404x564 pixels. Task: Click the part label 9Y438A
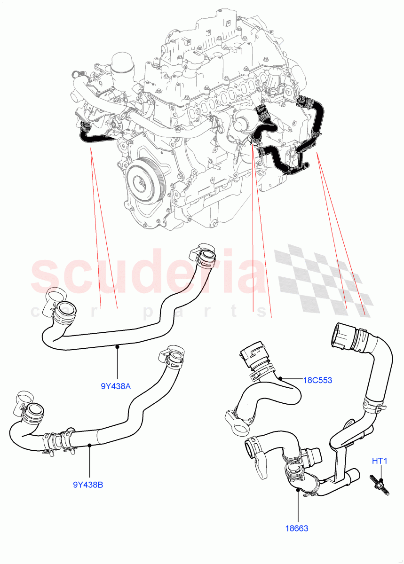[116, 387]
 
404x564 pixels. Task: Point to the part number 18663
[296, 528]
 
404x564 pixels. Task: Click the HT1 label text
[379, 461]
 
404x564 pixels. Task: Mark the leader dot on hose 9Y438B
[89, 445]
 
